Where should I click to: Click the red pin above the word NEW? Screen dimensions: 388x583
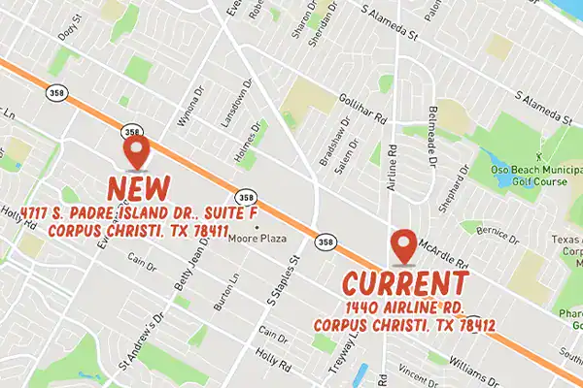pos(137,152)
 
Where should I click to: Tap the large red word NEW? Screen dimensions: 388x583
pos(139,186)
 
